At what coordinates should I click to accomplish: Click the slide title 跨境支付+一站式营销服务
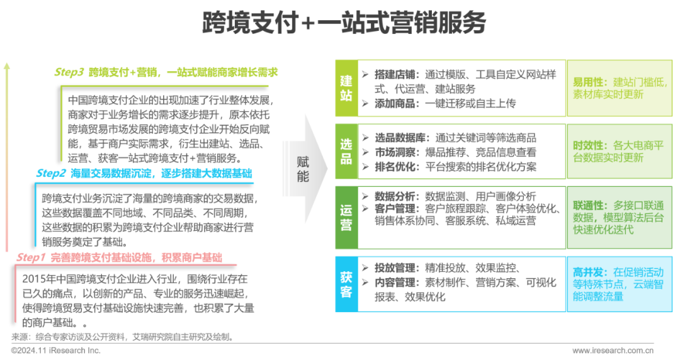(343, 23)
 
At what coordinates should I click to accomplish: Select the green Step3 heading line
(166, 72)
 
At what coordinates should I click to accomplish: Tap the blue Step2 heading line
(144, 172)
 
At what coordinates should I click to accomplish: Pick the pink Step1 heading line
(119, 257)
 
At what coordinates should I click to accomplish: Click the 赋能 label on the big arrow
(303, 169)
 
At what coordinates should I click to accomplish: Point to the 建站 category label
(346, 88)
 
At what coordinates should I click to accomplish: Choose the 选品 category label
(346, 152)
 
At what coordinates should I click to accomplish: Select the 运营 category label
(346, 217)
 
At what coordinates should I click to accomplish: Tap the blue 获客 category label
(346, 284)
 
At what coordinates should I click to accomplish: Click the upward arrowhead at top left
(7, 65)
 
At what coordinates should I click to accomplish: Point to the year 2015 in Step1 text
(33, 277)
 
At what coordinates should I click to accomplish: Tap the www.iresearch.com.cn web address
(612, 350)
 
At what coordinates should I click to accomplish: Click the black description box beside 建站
(461, 88)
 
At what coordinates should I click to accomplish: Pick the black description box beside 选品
(461, 152)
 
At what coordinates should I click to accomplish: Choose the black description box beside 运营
(461, 217)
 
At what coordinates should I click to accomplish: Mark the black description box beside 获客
(461, 284)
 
